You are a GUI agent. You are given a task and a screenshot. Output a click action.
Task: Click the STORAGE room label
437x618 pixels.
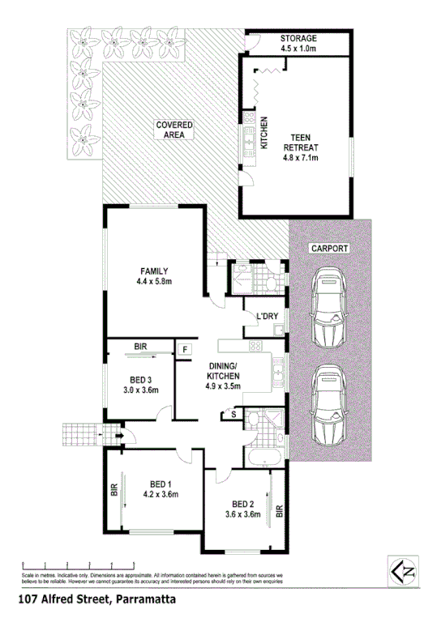coord(298,38)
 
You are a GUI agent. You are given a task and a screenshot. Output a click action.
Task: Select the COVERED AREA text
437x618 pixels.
coord(174,130)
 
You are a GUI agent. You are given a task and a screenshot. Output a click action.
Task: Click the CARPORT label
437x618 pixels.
coord(328,249)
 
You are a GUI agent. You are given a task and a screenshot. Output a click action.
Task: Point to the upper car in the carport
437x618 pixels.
coord(329,306)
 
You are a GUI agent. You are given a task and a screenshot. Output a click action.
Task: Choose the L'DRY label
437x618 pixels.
coord(267,316)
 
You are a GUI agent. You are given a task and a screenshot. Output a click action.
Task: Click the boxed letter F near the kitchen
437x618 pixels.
coord(185,350)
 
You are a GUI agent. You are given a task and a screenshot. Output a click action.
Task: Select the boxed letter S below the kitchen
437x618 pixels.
coord(233,415)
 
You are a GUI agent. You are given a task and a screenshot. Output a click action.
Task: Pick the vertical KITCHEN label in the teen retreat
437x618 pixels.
coord(263,134)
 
